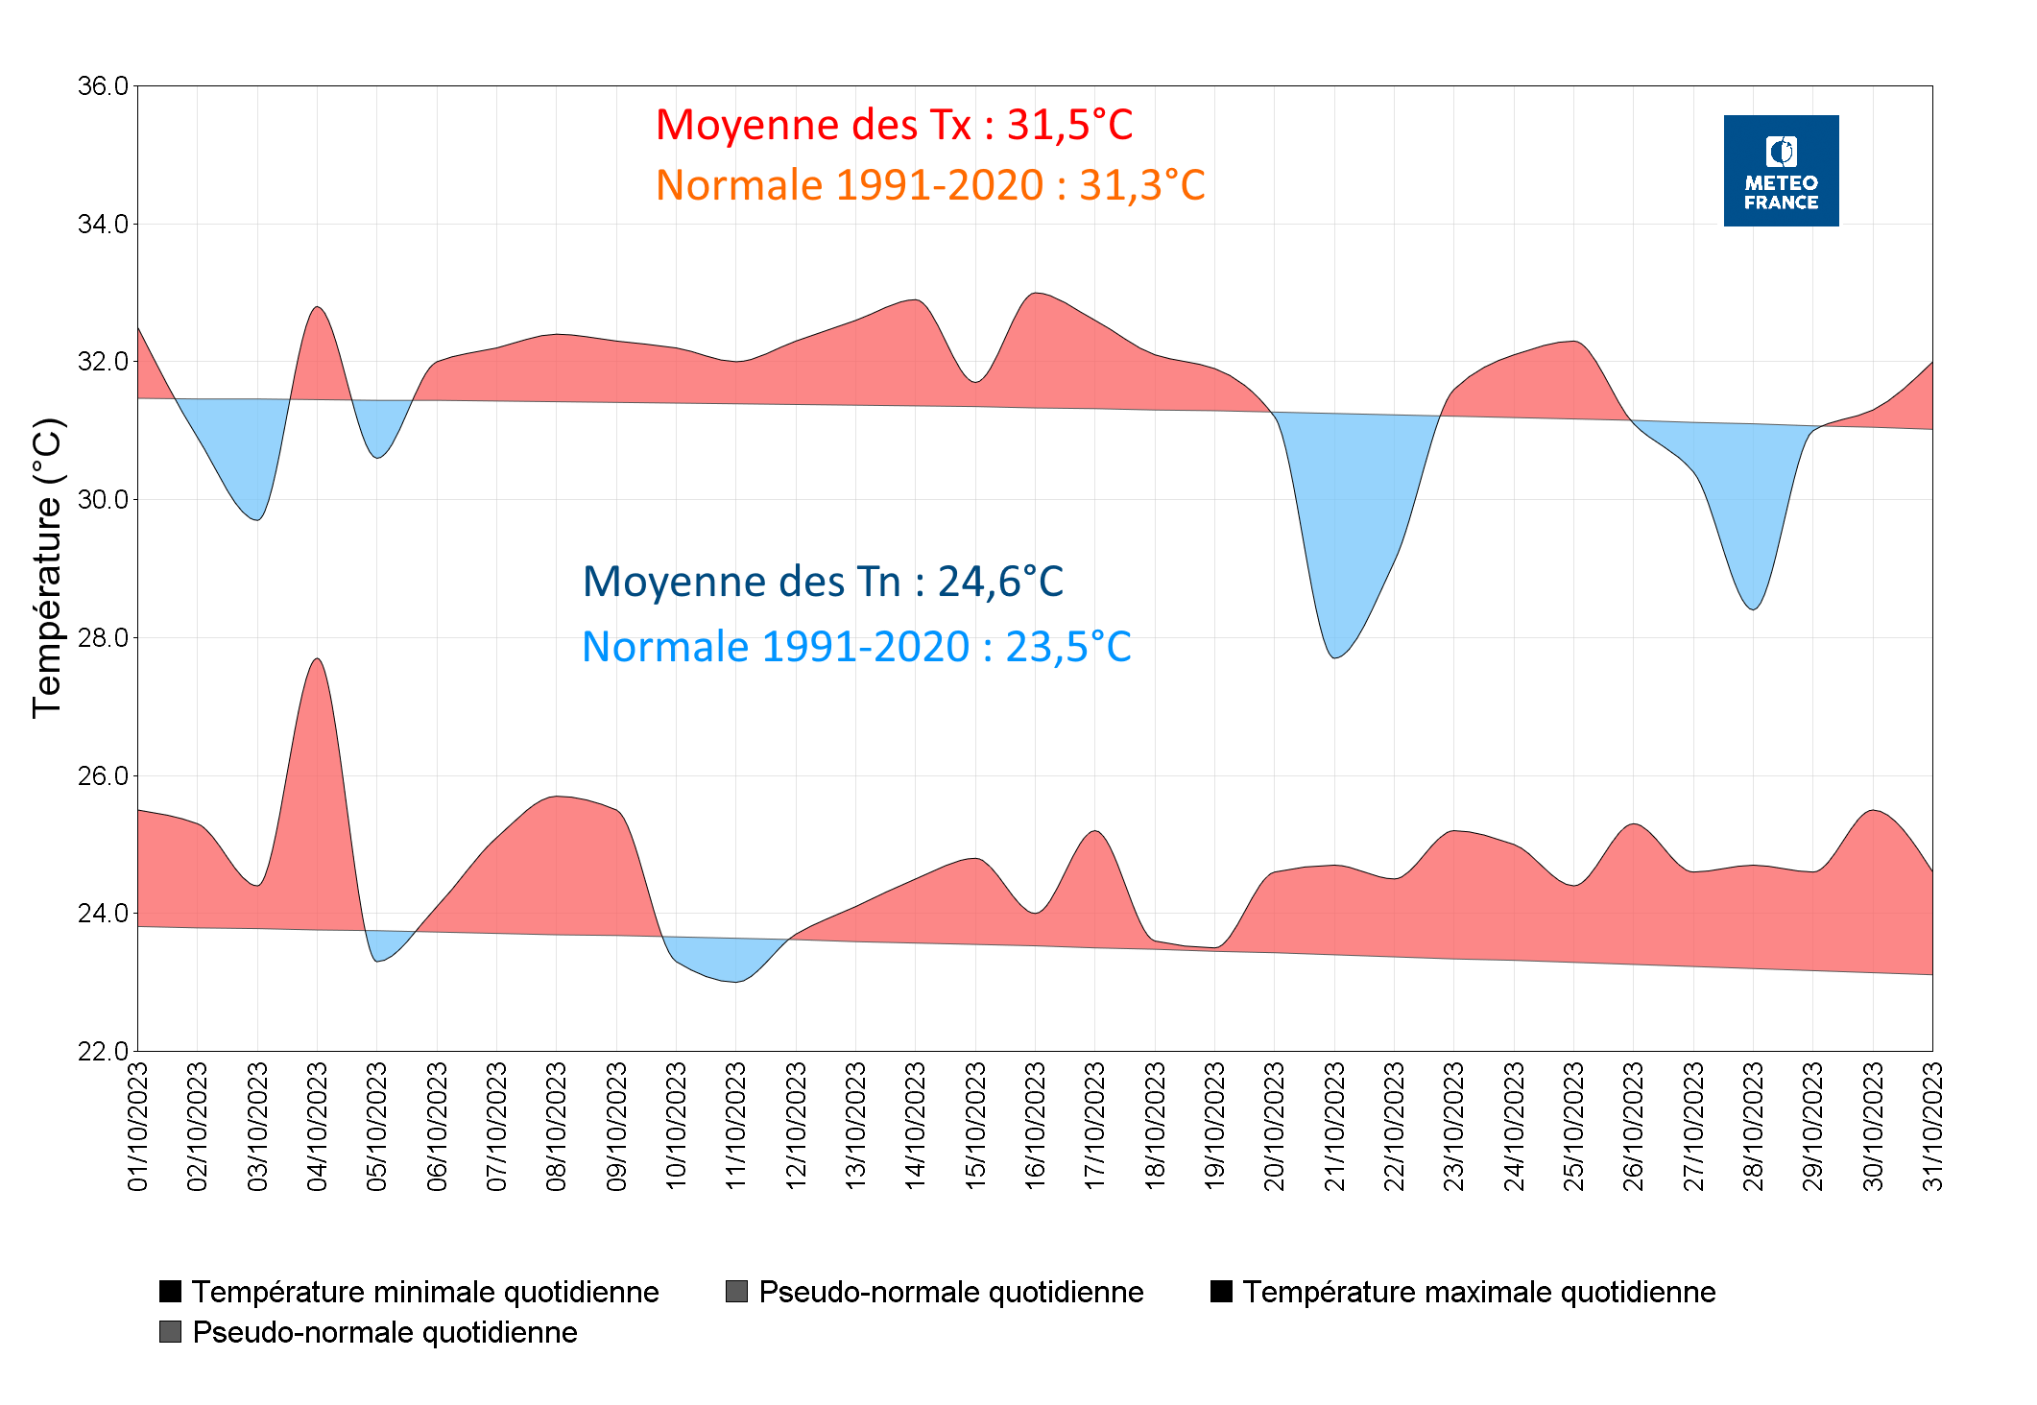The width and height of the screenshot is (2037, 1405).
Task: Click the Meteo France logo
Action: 1780,171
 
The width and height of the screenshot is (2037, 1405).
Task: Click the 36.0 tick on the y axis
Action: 103,86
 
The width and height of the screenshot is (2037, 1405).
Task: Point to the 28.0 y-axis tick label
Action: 103,637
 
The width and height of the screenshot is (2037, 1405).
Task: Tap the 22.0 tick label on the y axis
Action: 103,1051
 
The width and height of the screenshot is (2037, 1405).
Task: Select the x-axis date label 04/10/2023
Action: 318,1126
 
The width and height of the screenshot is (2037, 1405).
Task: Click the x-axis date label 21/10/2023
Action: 1334,1126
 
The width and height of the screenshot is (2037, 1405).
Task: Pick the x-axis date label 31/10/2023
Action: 1932,1126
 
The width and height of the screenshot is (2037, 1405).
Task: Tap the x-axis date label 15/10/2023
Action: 975,1126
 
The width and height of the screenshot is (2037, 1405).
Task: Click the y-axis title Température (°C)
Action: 47,568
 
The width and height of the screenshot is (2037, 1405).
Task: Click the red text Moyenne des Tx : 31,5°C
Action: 894,126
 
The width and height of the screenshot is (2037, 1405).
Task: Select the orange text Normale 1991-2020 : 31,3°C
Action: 929,185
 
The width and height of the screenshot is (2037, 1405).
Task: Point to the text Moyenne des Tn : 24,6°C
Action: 823,582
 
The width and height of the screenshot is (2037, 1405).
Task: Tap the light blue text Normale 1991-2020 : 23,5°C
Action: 856,647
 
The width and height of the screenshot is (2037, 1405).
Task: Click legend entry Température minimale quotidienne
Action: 424,1292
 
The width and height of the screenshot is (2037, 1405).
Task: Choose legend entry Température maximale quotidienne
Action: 1478,1292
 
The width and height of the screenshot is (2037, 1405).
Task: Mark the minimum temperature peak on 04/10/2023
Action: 318,659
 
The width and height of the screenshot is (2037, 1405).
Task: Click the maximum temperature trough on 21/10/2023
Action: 1335,657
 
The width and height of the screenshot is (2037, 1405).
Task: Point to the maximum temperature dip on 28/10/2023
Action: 1754,609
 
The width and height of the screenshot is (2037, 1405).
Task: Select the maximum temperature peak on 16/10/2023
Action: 1035,294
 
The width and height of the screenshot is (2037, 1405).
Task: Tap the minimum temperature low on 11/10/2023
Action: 735,982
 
